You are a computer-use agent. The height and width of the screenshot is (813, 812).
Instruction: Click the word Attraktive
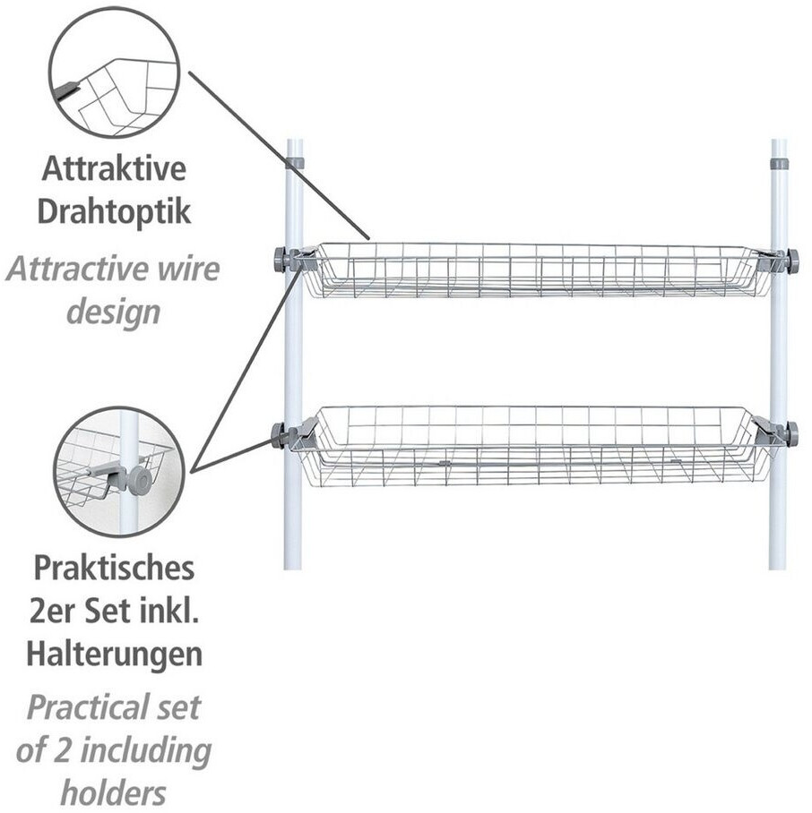point(114,168)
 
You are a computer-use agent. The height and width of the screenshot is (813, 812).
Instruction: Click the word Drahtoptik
point(114,211)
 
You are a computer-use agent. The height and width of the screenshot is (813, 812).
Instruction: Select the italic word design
point(114,313)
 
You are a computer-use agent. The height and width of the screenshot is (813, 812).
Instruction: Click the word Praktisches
point(114,569)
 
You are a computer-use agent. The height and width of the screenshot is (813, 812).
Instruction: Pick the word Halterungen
point(114,654)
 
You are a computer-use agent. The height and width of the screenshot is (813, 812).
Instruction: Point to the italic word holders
point(114,792)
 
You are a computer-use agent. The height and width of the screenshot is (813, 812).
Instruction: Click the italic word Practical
point(88,706)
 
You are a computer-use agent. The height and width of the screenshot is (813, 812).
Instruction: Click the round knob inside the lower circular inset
point(142,481)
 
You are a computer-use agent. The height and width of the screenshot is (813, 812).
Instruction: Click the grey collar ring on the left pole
point(294,163)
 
